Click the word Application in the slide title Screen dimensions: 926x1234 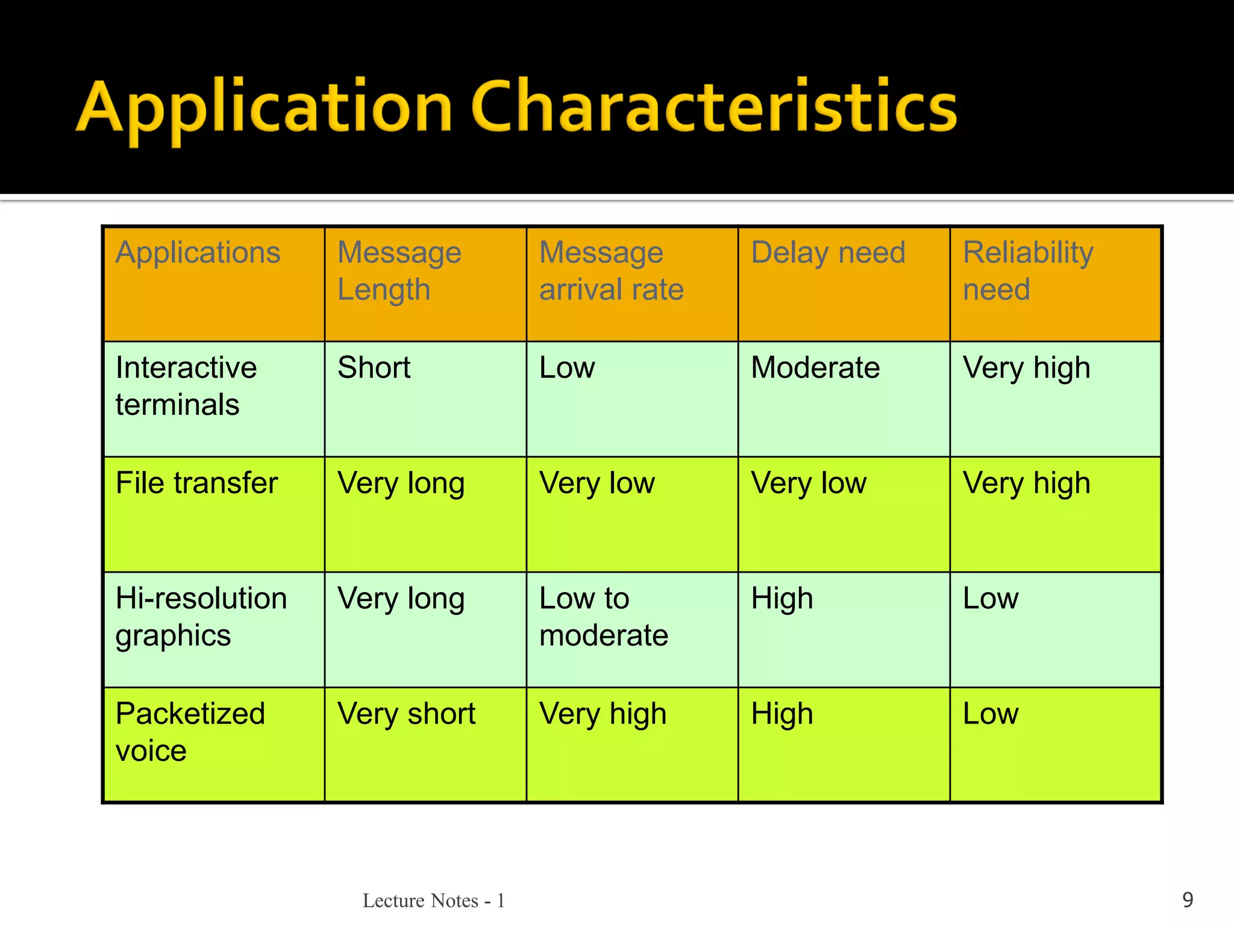click(x=264, y=109)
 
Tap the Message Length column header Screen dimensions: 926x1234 click(x=399, y=271)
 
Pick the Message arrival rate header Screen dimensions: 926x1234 click(x=611, y=271)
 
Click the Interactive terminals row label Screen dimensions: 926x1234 click(x=186, y=386)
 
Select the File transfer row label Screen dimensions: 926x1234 click(x=196, y=483)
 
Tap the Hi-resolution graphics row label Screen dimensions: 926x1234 click(x=201, y=617)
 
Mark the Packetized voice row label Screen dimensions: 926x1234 click(x=190, y=732)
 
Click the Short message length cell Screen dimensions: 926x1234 click(x=374, y=368)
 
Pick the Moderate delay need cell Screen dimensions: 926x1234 click(x=815, y=368)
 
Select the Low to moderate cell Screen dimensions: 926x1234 click(x=603, y=617)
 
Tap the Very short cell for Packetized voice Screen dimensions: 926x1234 click(x=406, y=714)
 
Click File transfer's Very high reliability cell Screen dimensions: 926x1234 click(x=1026, y=483)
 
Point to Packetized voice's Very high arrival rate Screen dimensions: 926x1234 click(x=603, y=714)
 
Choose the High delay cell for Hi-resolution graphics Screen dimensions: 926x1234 click(x=781, y=599)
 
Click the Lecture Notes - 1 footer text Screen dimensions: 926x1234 click(x=433, y=901)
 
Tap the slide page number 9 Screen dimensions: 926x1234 click(x=1188, y=899)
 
